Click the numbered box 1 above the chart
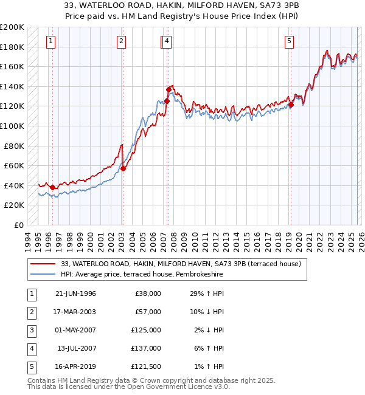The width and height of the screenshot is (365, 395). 50,41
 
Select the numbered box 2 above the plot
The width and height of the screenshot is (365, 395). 122,41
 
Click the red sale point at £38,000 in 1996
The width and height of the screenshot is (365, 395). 53,187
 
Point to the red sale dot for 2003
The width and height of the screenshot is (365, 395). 123,168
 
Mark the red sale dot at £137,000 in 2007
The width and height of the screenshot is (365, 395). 169,89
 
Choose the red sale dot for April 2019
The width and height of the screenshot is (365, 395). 291,105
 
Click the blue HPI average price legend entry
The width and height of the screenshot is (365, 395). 142,275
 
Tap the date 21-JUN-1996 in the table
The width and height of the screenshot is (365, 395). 75,294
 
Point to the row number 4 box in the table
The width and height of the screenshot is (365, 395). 30,348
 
